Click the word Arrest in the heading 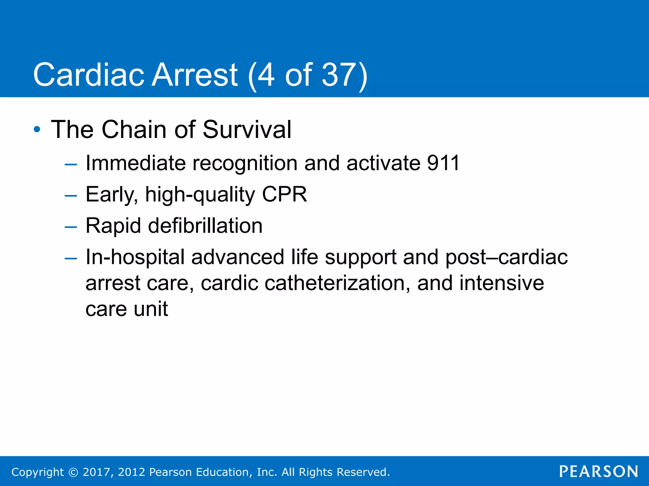tap(194, 75)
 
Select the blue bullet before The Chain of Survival tap(37, 129)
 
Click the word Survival tap(247, 129)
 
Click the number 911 tap(443, 163)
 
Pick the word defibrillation tap(205, 226)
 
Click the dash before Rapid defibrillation tap(71, 227)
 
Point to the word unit tap(151, 309)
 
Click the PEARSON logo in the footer tap(599, 471)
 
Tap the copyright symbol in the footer tap(73, 472)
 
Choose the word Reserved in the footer tap(363, 472)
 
